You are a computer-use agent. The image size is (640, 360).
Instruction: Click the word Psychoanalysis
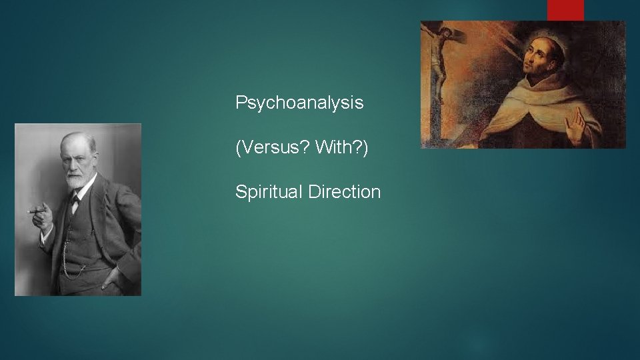coord(299,103)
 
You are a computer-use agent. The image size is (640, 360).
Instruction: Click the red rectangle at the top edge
coord(565,10)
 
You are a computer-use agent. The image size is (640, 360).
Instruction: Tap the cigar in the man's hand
coord(37,211)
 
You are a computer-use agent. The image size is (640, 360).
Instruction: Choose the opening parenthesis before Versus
coord(238,147)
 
